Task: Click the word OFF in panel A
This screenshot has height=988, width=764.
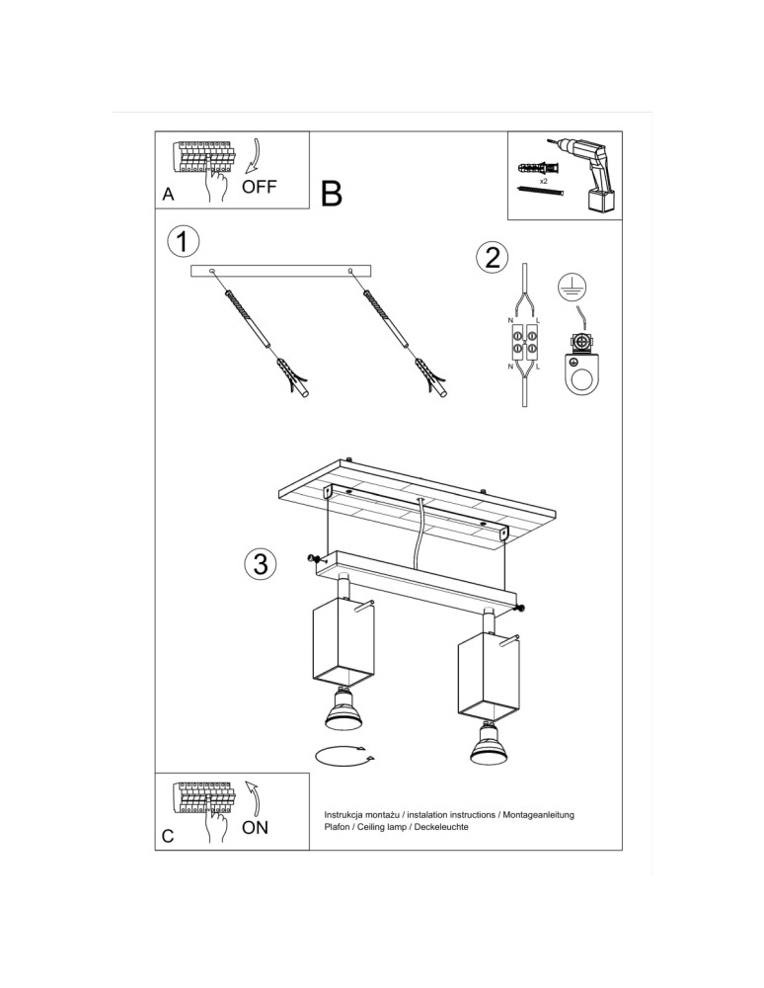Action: coord(260,187)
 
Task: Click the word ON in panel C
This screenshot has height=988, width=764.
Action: coord(255,827)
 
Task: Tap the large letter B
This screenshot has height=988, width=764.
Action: coord(332,194)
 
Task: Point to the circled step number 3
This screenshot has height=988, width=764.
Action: coord(259,564)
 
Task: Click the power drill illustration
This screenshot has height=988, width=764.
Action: coord(591,174)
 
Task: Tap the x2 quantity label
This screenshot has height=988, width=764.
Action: coord(543,182)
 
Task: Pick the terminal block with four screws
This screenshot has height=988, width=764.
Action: coord(524,344)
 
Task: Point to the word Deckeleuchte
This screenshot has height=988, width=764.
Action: coord(440,826)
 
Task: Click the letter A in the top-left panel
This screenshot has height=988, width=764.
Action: coord(169,195)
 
